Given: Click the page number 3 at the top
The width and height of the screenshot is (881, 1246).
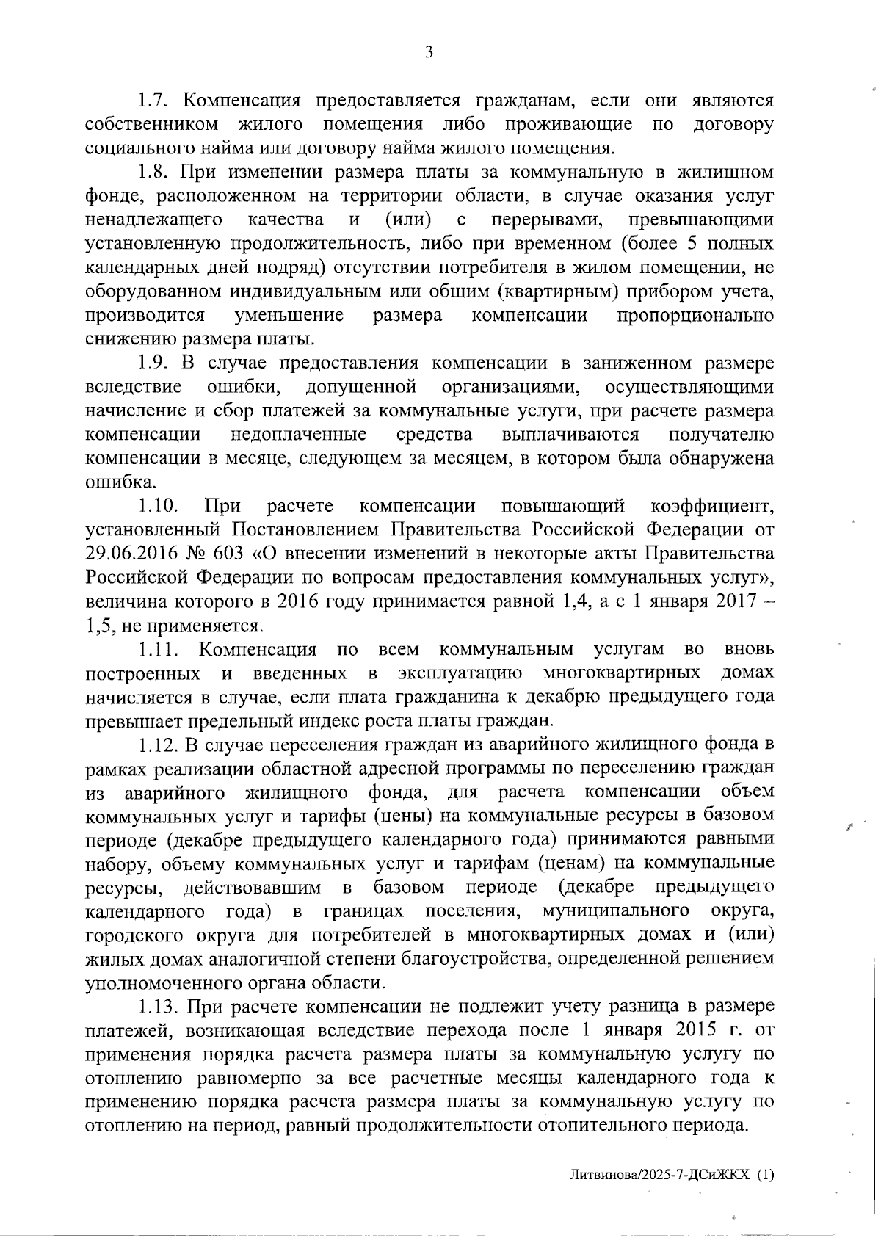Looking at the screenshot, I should click(429, 52).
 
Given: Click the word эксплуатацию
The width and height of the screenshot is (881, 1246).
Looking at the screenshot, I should click(460, 673).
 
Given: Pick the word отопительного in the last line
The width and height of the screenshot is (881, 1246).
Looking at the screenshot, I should click(600, 1126).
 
